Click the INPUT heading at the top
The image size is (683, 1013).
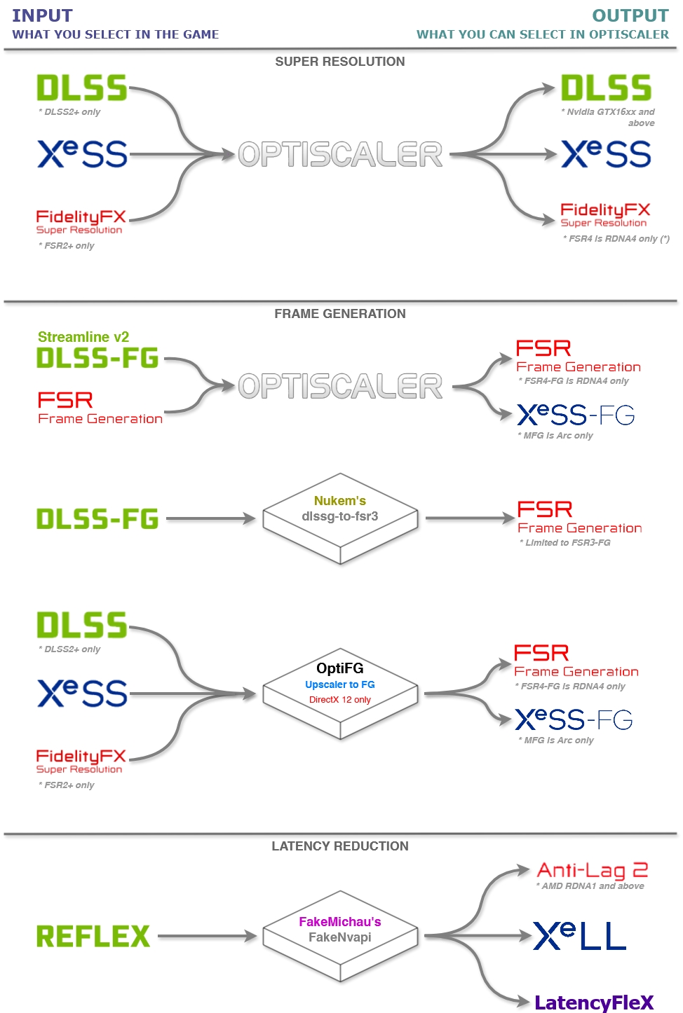click(42, 15)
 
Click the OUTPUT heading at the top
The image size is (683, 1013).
click(630, 15)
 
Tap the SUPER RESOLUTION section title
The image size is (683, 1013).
click(340, 62)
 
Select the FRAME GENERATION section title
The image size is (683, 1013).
click(340, 314)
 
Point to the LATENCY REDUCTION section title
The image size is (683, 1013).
click(340, 846)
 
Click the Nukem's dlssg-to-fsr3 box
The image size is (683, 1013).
click(340, 518)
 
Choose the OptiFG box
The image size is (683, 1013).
click(340, 690)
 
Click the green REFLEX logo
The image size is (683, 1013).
click(93, 936)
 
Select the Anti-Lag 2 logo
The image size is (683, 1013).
click(592, 870)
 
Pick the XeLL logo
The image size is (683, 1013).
click(579, 936)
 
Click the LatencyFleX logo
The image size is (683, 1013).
click(593, 1002)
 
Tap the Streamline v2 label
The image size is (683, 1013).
click(83, 337)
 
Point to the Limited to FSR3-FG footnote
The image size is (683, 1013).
click(565, 543)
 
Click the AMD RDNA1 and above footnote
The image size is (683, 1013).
click(590, 886)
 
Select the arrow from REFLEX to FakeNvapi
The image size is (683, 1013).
click(207, 936)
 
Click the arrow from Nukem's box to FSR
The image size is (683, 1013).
click(470, 518)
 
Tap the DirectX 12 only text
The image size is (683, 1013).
click(340, 700)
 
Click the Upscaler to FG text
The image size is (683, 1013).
click(340, 684)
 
